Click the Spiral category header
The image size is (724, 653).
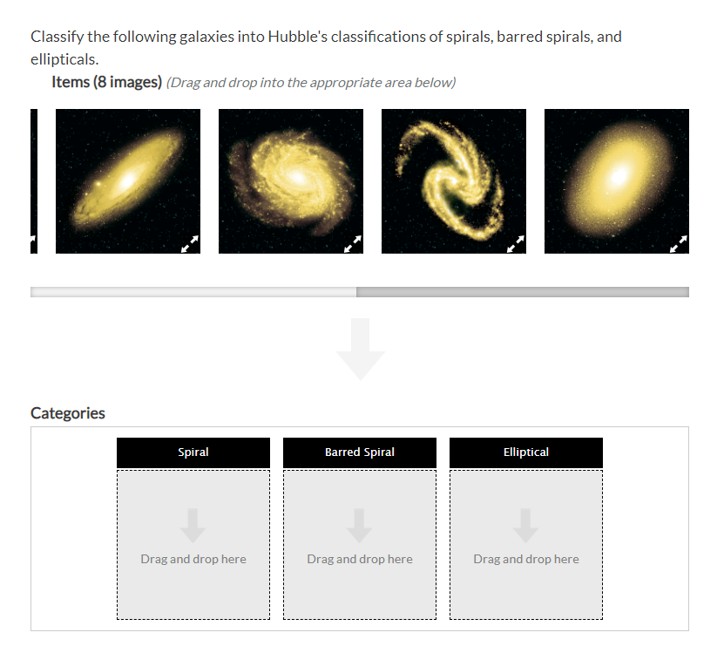coord(193,452)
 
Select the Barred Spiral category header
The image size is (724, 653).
coord(360,452)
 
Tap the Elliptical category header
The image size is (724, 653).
coord(526,452)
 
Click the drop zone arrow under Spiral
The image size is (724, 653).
coord(193,526)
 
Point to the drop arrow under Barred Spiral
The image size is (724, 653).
coord(360,526)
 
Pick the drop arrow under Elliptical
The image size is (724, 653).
coord(526,526)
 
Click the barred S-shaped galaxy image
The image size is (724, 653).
coord(454,180)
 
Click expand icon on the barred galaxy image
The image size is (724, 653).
coord(515,243)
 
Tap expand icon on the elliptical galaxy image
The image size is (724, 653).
coord(678,243)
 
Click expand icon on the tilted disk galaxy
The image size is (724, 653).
coord(189,243)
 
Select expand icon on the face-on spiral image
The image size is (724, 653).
coord(352,243)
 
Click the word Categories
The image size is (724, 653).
coord(68,413)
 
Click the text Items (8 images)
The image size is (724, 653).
coord(107,82)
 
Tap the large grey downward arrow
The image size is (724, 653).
coord(360,348)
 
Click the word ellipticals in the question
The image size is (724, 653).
coord(64,59)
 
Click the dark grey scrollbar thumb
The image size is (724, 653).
coord(523,292)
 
